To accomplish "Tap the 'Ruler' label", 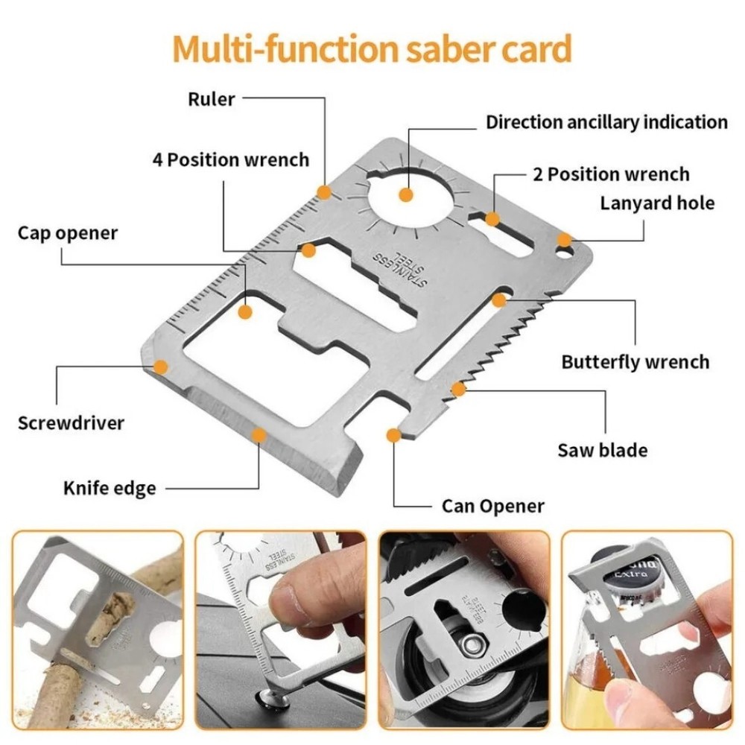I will point(212,99).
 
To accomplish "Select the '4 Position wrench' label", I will point(230,159).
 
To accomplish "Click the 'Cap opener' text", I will point(68,233).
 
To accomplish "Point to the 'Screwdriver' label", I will point(71,423).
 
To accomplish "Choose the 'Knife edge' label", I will point(110,489).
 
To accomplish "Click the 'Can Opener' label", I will point(492,507).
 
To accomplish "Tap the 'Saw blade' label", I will point(602,450).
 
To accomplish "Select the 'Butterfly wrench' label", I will point(635,362).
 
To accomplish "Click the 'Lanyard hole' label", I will point(657,203).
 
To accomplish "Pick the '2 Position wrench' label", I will point(611,174).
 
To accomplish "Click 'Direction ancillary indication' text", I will point(606,122).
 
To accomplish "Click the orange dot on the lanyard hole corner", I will point(565,240).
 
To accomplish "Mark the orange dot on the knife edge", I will point(259,434).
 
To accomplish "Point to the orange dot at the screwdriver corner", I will point(160,366).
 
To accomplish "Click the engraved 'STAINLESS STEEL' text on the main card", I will point(402,269).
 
